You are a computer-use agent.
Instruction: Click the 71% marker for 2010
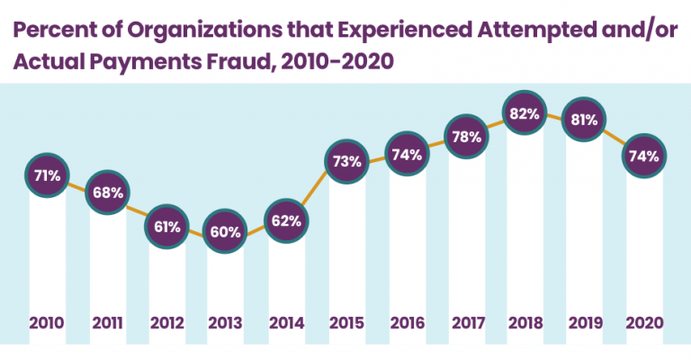point(48,175)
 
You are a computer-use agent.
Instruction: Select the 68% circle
point(108,193)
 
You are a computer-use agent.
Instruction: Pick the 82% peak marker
point(525,114)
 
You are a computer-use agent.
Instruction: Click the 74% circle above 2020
point(644,155)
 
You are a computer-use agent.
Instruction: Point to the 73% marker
point(346,162)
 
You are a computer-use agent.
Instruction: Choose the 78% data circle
point(465,137)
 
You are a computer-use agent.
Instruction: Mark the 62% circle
point(286,220)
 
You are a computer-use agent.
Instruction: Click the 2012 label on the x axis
point(167,321)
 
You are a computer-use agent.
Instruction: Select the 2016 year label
point(406,321)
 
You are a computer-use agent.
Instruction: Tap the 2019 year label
point(585,321)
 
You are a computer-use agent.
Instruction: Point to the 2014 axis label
point(286,321)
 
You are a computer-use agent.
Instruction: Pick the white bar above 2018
point(525,225)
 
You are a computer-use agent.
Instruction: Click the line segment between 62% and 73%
point(316,191)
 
